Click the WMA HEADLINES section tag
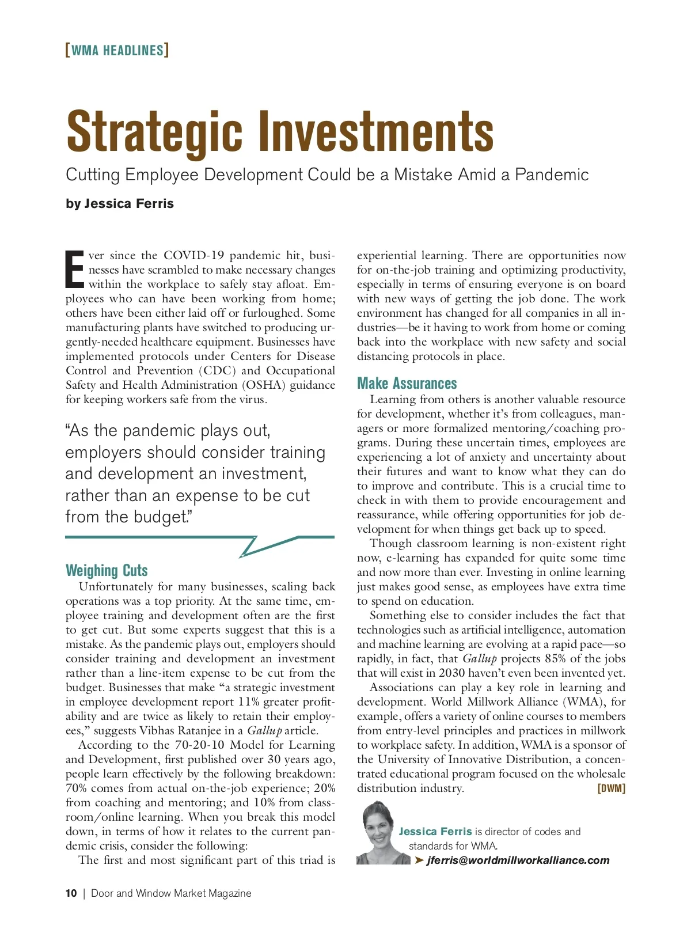point(117,51)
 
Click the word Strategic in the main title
point(154,132)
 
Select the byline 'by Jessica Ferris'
point(120,204)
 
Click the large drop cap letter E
point(75,270)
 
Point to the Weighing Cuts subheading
point(107,571)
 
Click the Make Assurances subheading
point(407,384)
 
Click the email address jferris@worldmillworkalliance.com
point(518,860)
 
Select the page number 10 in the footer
point(71,893)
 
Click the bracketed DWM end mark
point(612,788)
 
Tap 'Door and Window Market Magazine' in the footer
point(171,893)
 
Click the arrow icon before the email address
point(419,860)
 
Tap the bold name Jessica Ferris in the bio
point(435,832)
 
